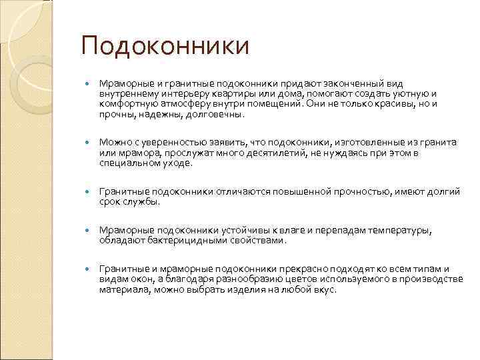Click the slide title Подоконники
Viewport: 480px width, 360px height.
click(x=165, y=47)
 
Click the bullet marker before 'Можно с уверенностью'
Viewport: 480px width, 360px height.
click(x=87, y=143)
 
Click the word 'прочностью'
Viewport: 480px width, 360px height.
click(x=353, y=191)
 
